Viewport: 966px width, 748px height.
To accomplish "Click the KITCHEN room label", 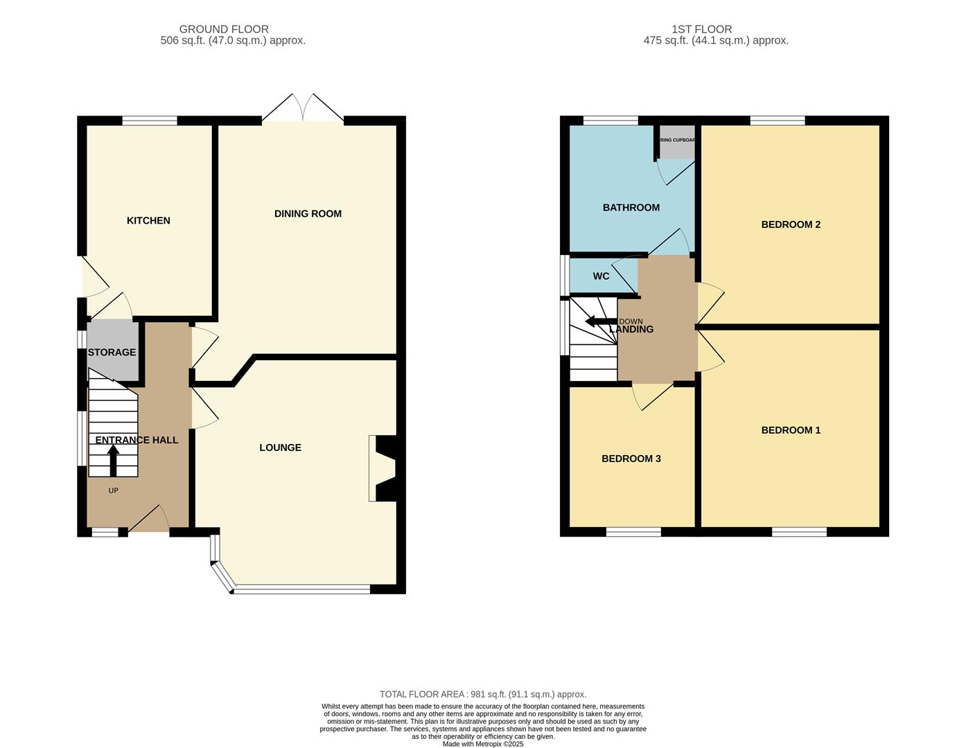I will click(x=148, y=220).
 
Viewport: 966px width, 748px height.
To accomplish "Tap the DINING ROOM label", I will click(x=308, y=213).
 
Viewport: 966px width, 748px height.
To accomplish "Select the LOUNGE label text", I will click(x=280, y=447).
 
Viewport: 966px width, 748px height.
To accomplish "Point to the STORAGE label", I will click(x=112, y=352).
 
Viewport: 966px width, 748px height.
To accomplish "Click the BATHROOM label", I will click(x=631, y=207).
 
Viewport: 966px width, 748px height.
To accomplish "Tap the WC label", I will click(x=601, y=276).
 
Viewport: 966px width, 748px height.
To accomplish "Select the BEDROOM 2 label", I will click(x=791, y=224).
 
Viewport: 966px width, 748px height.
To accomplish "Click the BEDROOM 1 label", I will click(x=791, y=430).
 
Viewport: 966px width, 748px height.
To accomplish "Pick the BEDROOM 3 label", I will click(x=631, y=458).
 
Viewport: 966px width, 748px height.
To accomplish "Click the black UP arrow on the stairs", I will click(x=113, y=460).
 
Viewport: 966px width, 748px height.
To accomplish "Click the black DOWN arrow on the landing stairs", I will click(x=600, y=321).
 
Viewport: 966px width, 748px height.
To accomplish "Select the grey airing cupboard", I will click(x=677, y=143).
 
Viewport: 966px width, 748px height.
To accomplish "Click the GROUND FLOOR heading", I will click(x=224, y=29).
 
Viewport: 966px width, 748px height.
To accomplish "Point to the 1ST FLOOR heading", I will click(x=701, y=29).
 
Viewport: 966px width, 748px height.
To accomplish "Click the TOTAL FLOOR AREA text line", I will click(x=482, y=694).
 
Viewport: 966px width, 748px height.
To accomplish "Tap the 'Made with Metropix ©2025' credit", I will click(x=482, y=744).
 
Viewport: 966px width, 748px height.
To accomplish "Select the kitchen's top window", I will click(x=150, y=121).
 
